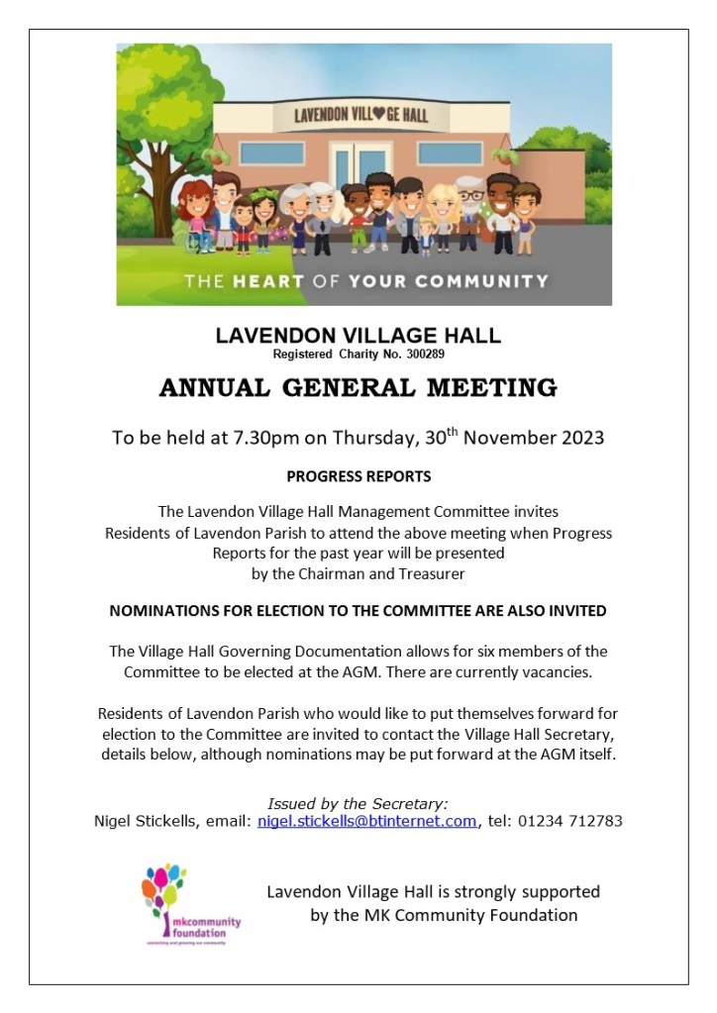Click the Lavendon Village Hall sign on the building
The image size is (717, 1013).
(x=362, y=115)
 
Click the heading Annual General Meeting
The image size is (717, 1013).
(x=358, y=387)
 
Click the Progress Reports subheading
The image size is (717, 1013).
(x=358, y=476)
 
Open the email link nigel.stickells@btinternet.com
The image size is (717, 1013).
(x=366, y=821)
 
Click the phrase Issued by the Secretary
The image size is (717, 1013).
(x=358, y=803)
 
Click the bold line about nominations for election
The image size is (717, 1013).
(x=358, y=611)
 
